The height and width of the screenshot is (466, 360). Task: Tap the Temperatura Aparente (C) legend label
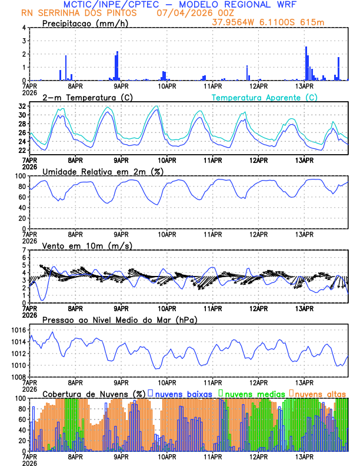pyautogui.click(x=264, y=97)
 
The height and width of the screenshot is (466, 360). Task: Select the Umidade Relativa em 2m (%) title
pyautogui.click(x=102, y=171)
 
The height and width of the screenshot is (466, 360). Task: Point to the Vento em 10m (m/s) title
pyautogui.click(x=87, y=245)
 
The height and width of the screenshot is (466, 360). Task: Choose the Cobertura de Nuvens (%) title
pyautogui.click(x=94, y=394)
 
